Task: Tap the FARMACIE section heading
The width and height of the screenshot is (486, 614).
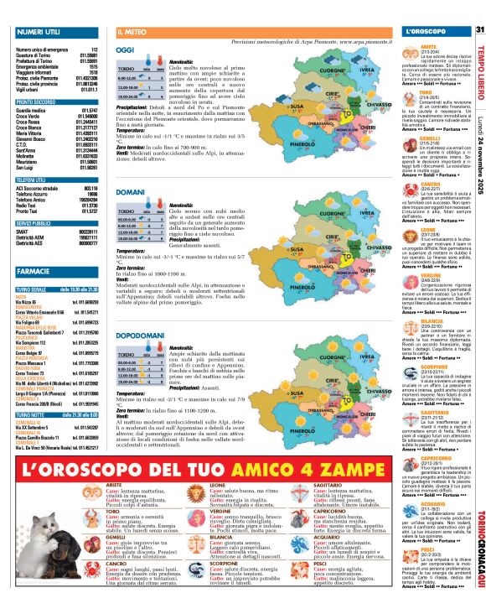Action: pos(31,272)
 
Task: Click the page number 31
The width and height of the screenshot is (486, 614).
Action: pos(479,31)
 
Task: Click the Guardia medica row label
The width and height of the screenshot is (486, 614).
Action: pos(30,110)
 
